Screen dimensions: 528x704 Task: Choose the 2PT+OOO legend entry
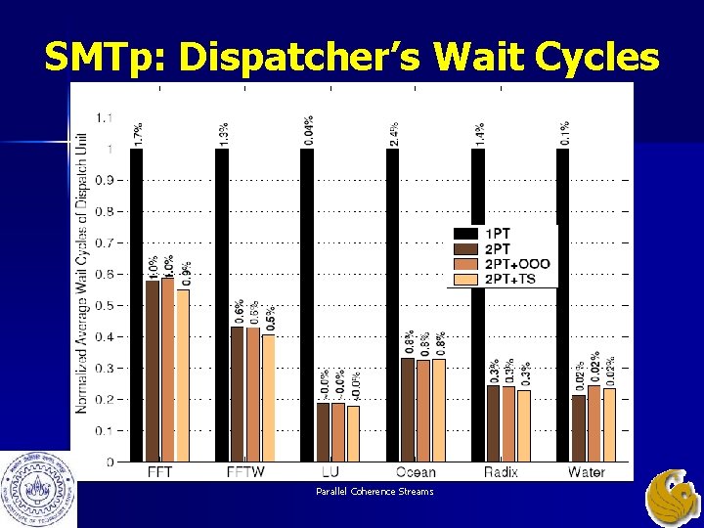click(508, 264)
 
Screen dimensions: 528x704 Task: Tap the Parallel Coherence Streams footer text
click(374, 491)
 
